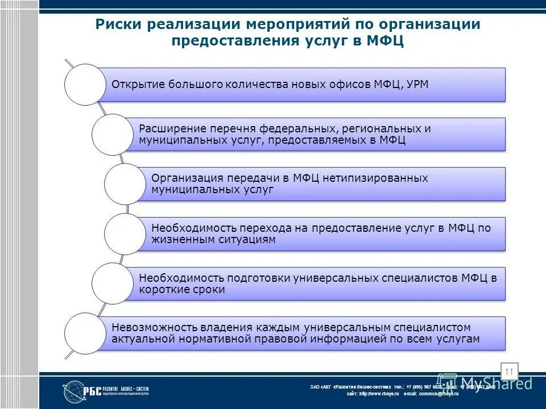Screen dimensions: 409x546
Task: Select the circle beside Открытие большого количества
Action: tap(85, 85)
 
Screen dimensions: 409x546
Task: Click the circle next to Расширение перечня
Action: tap(112, 134)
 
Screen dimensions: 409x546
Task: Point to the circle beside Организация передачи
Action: tap(125, 184)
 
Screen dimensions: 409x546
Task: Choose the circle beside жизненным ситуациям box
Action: tap(125, 234)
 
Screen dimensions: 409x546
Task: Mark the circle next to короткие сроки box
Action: tap(112, 283)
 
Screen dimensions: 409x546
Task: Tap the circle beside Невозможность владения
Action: tap(85, 333)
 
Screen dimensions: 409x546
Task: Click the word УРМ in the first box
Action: tap(417, 85)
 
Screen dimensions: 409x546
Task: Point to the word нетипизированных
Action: tap(375, 178)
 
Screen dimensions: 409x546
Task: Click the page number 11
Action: tap(508, 372)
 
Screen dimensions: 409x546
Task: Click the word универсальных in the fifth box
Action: tap(334, 278)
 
